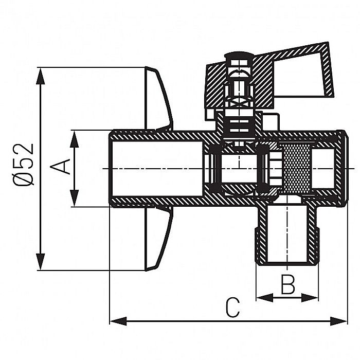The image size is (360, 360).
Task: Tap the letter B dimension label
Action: tap(287, 284)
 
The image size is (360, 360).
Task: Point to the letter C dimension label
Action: tap(232, 308)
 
